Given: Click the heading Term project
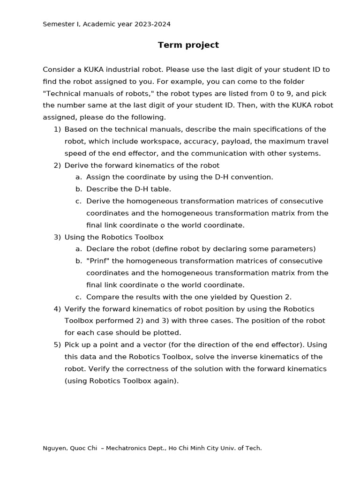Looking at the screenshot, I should pyautogui.click(x=188, y=45).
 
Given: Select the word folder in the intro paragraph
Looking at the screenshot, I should pyautogui.click(x=294, y=81).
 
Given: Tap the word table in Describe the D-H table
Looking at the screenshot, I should pyautogui.click(x=160, y=189).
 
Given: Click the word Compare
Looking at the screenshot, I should pyautogui.click(x=103, y=297).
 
